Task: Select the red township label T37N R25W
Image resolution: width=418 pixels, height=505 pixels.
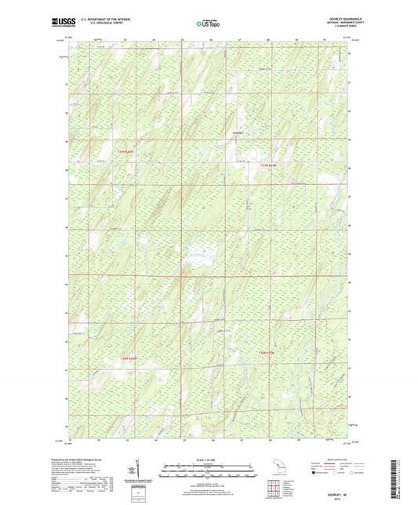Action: (270, 165)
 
